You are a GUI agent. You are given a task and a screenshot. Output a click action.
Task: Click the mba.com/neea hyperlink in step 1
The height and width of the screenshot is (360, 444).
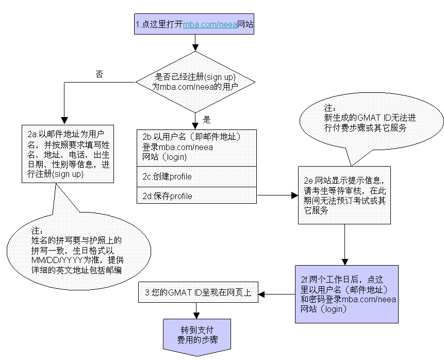210,24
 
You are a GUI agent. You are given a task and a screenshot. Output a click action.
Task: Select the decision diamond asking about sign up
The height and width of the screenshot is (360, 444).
195,82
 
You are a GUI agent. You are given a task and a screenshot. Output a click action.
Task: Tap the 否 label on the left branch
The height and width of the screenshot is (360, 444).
100,74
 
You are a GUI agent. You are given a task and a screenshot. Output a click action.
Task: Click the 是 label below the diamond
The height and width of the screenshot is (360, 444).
207,120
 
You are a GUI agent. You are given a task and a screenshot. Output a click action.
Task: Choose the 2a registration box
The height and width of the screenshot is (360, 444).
68,153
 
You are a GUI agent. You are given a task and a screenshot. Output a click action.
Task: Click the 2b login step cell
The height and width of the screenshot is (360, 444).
196,146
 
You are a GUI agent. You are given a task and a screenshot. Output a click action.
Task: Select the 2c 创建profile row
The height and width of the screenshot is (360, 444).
196,176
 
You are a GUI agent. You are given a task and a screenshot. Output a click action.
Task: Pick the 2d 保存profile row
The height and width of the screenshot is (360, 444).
196,196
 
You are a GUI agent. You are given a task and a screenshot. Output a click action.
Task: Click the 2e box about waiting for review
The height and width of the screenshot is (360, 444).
344,195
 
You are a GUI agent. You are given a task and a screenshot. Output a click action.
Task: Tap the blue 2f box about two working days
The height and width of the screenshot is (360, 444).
347,294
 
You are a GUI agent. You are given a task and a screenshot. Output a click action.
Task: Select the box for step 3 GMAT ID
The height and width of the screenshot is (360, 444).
199,293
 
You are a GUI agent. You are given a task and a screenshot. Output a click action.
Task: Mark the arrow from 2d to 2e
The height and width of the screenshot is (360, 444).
277,196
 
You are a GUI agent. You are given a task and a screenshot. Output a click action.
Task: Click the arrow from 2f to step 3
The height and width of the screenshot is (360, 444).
276,294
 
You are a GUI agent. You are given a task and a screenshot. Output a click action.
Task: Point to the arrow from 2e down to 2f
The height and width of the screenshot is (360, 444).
344,244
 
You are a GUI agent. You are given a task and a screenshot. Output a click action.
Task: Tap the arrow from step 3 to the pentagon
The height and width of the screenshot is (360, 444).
196,310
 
